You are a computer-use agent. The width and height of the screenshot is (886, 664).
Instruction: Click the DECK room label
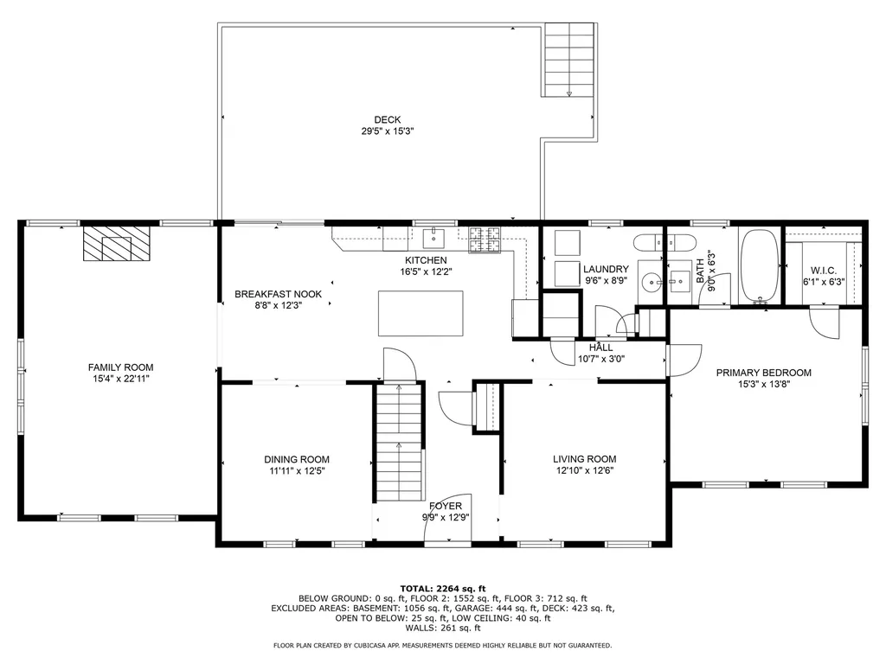click(x=387, y=120)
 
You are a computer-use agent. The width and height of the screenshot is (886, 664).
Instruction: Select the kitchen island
click(x=421, y=313)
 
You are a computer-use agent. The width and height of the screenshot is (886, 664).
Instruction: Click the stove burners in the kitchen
click(x=485, y=239)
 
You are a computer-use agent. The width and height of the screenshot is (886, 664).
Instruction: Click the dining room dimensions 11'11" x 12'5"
click(x=297, y=471)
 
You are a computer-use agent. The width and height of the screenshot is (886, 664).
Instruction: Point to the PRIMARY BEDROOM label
click(x=763, y=373)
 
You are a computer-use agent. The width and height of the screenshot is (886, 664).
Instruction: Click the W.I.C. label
click(x=823, y=270)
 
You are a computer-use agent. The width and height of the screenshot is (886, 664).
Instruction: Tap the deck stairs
click(x=570, y=61)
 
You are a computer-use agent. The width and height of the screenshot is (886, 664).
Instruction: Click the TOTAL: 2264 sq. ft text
click(x=442, y=587)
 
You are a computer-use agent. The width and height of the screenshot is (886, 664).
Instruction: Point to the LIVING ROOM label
click(x=584, y=459)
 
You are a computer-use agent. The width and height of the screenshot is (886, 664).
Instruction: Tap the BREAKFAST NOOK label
click(x=278, y=294)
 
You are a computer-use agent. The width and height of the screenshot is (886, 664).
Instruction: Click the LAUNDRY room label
click(x=606, y=269)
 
